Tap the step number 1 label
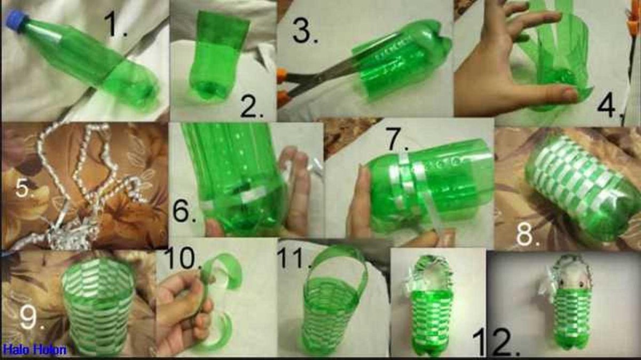[115, 25]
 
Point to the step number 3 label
[305, 30]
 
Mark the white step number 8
[527, 234]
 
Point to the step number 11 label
[295, 257]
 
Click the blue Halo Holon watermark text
[34, 349]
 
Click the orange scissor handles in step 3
[282, 85]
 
